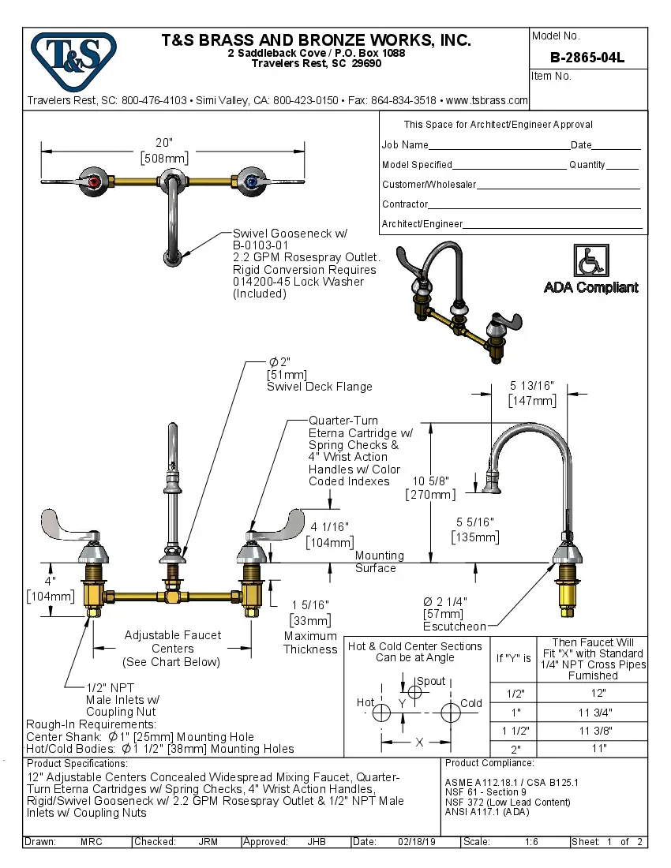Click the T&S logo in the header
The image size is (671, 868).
click(73, 56)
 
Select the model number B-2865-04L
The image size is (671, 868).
click(587, 57)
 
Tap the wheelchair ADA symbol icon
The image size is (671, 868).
click(590, 260)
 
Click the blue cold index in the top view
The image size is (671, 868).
click(251, 182)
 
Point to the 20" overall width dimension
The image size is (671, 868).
click(164, 143)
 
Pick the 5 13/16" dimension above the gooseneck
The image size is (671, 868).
click(532, 386)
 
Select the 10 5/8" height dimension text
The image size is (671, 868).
click(431, 481)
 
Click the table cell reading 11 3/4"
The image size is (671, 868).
click(598, 712)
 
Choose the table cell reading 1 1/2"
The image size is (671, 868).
click(515, 731)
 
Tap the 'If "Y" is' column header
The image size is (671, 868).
click(514, 658)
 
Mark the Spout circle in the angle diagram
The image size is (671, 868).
click(414, 693)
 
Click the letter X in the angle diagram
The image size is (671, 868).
click(418, 743)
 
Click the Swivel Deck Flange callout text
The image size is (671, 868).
click(319, 387)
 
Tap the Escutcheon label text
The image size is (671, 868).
click(455, 627)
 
